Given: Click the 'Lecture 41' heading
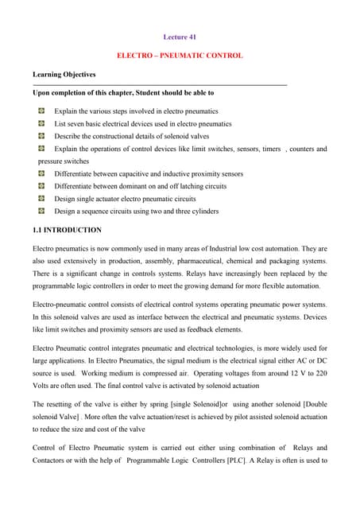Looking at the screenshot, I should pyautogui.click(x=180, y=37).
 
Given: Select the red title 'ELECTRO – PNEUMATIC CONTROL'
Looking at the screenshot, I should pyautogui.click(x=180, y=56).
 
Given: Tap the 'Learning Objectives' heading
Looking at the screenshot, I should pyautogui.click(x=64, y=75).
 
